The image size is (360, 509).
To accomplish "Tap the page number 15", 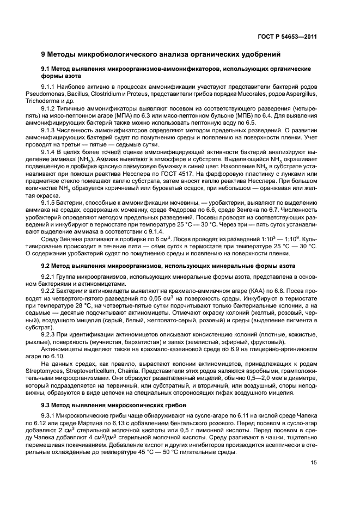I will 314,463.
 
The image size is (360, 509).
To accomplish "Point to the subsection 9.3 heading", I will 114,405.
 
